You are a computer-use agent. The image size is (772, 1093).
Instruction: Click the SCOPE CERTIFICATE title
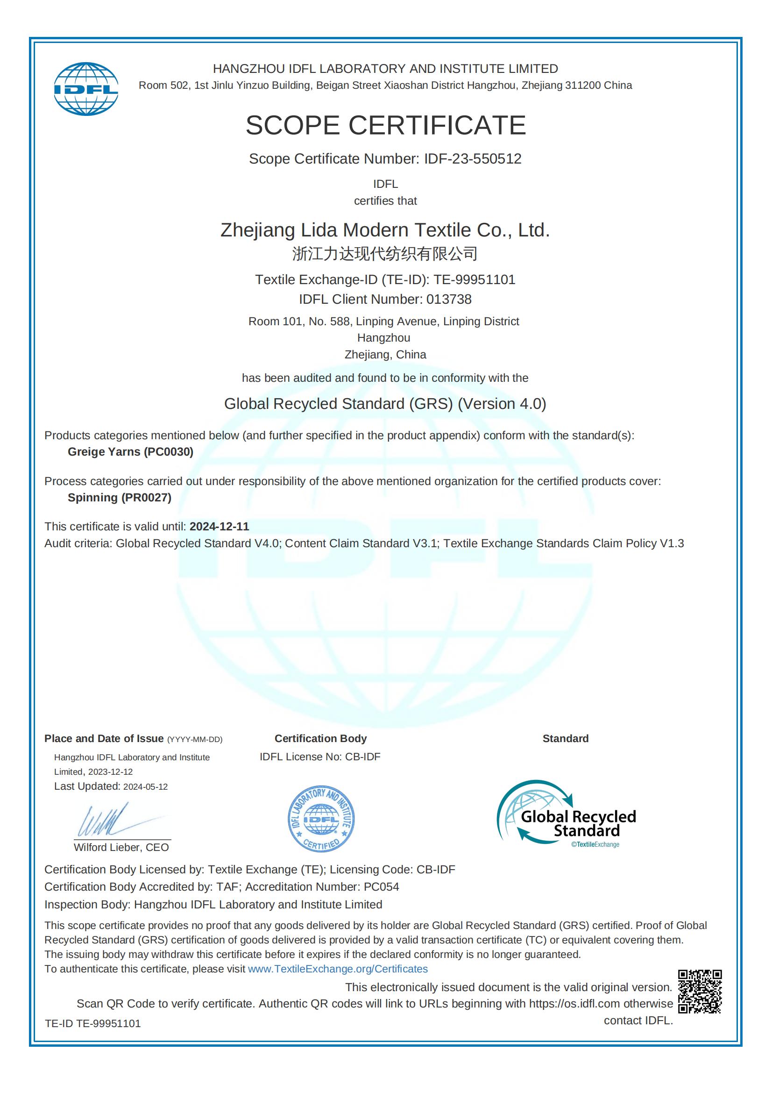pos(385,125)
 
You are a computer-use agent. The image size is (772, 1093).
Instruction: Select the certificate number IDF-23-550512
pos(472,158)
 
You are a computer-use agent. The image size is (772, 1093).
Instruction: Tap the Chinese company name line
pos(385,254)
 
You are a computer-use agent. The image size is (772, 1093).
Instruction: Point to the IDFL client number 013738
pos(448,299)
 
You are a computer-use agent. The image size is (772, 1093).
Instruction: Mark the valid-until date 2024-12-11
pos(219,527)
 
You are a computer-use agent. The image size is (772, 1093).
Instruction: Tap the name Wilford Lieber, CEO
pos(121,847)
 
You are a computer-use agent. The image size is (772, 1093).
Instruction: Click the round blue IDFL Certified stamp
pos(321,819)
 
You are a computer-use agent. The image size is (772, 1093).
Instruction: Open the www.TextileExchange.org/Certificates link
pos(338,969)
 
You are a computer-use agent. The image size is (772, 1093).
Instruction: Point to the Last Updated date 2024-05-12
pos(145,787)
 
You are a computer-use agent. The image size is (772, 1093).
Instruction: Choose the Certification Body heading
pos(320,738)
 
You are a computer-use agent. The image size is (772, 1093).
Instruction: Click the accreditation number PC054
pos(381,887)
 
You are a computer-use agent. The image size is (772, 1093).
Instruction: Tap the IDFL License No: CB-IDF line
pos(319,757)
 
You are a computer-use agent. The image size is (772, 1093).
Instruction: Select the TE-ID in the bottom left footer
pos(93,1023)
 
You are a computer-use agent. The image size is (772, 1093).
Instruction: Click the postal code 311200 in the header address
pos(583,86)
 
